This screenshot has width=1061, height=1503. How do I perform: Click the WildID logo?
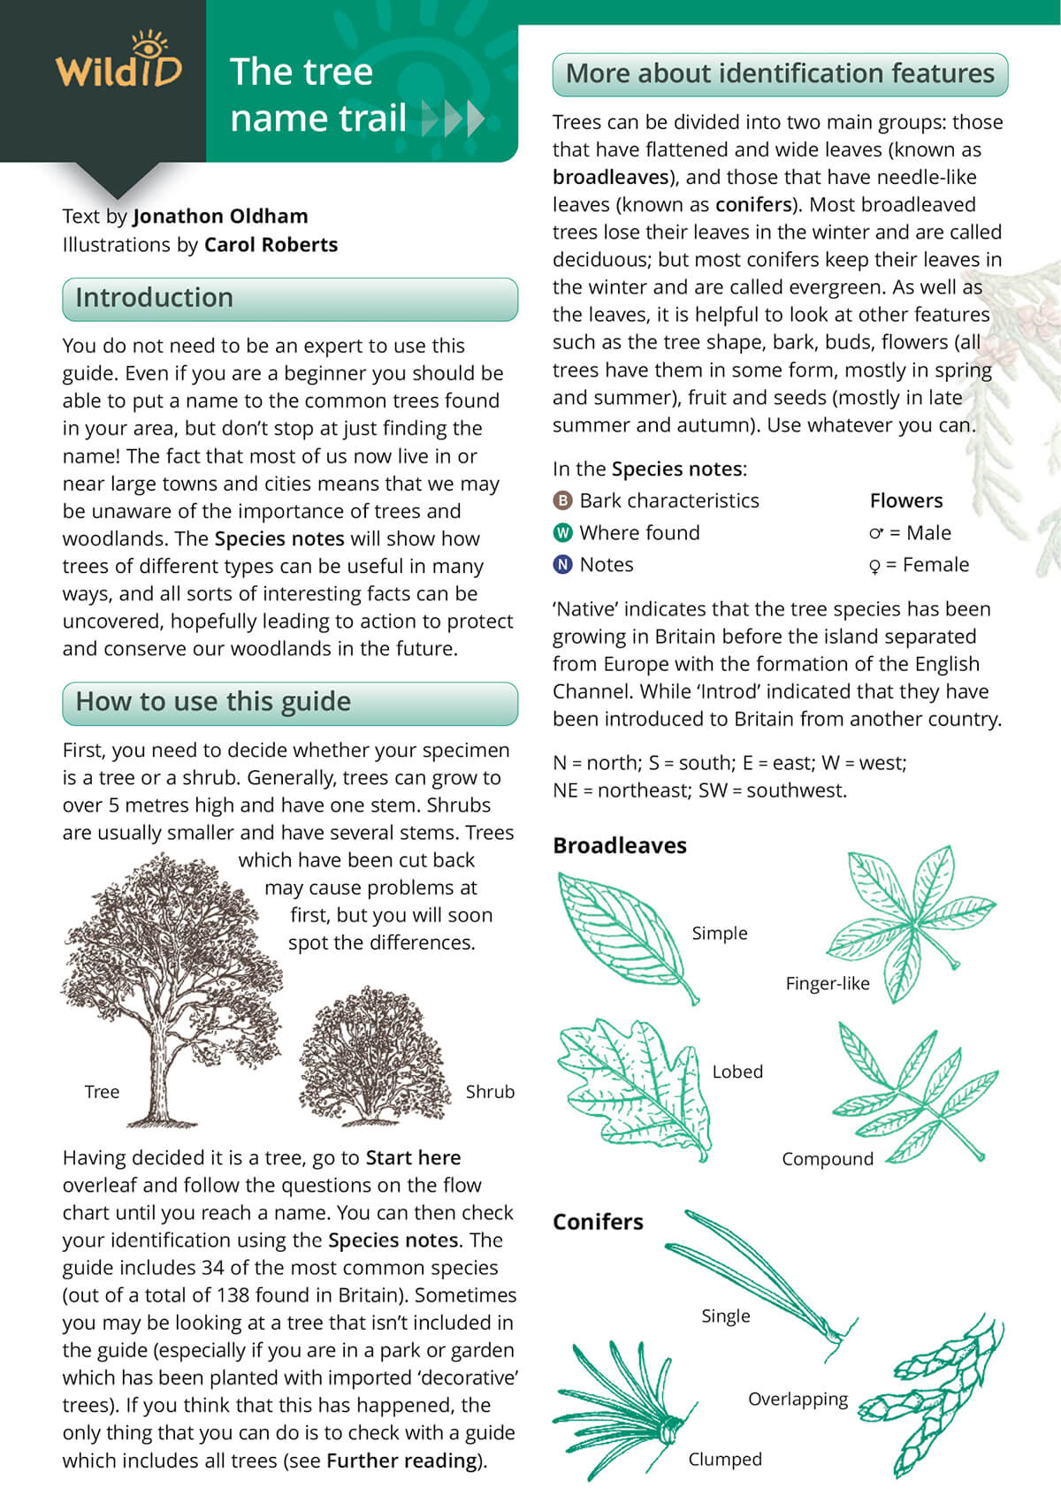click(118, 65)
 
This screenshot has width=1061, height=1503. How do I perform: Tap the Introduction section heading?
click(154, 298)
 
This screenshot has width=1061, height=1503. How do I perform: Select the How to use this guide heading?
click(213, 702)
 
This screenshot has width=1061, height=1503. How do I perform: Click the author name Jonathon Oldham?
click(220, 217)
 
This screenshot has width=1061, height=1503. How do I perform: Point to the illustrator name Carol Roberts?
click(271, 245)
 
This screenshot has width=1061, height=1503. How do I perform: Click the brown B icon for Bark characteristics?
click(562, 501)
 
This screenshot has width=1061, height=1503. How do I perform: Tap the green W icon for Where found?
click(562, 533)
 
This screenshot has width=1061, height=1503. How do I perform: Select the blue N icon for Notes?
click(562, 565)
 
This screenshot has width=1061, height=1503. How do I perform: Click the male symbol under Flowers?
click(876, 533)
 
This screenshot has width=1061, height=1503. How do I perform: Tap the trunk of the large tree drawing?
click(160, 1074)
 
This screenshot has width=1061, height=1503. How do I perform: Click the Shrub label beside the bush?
click(490, 1092)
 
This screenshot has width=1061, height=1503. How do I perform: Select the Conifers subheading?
click(598, 1222)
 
